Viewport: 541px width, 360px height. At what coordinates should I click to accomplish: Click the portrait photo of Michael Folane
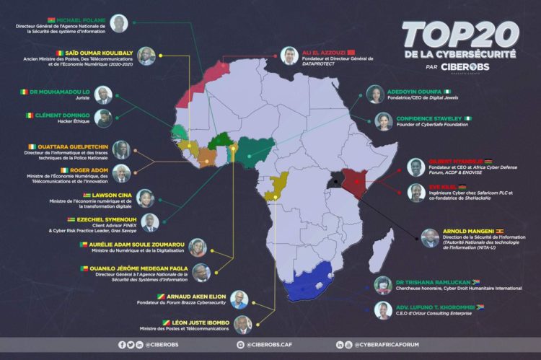click(119, 24)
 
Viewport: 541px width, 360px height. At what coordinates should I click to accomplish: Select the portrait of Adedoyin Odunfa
click(375, 95)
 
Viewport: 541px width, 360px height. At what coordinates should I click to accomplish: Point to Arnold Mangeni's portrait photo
click(430, 238)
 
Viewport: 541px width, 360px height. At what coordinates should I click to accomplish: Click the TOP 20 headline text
click(459, 35)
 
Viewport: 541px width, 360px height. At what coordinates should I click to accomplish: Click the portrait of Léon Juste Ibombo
click(243, 325)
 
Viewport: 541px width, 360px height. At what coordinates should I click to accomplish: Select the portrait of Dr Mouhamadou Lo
click(104, 95)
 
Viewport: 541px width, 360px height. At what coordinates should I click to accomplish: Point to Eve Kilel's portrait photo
click(415, 192)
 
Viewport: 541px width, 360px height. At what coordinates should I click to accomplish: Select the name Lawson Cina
click(108, 195)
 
